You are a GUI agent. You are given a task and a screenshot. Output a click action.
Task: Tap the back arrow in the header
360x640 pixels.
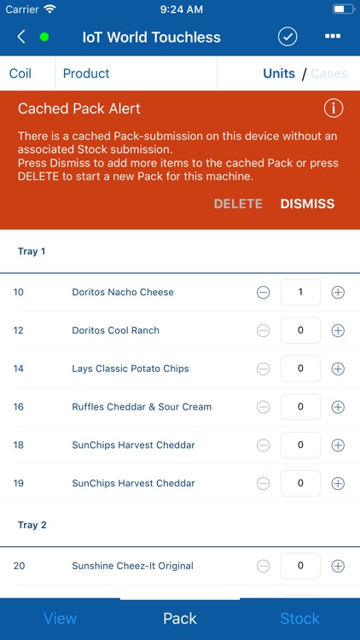coord(21,38)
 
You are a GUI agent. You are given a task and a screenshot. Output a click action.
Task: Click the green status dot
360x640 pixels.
coord(44,38)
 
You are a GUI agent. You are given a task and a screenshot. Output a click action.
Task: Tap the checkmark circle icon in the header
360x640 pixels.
coord(287,37)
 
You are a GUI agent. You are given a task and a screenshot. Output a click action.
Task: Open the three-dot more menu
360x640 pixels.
coord(333,37)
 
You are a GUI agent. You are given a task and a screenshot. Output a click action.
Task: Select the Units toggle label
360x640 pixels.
coord(279,73)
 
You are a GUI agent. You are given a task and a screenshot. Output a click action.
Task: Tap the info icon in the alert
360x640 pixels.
coord(334,108)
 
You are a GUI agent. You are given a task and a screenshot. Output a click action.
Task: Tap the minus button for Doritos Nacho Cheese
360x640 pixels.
coord(264,292)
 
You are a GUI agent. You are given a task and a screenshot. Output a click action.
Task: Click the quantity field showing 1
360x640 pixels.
coord(300,292)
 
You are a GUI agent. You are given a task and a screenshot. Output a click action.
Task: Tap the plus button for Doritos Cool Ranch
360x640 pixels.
coord(338,330)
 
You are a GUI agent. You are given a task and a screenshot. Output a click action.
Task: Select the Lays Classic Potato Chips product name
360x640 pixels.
coord(131,369)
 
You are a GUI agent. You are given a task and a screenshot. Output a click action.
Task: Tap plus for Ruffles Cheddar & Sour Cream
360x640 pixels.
coord(338,407)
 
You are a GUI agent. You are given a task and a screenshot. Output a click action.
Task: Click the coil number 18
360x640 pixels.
coord(19,445)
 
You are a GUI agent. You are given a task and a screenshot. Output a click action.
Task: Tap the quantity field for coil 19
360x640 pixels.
coord(300,483)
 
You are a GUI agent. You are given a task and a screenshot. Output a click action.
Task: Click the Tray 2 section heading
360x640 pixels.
coord(32,525)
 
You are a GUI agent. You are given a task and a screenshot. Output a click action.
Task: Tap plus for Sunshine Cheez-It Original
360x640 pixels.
coord(338,566)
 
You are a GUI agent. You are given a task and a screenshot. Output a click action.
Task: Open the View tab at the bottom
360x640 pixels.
coord(60,619)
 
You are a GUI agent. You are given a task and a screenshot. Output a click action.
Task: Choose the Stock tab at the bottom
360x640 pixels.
coord(299,619)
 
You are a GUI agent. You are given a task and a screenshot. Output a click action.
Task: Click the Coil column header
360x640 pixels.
coord(20,73)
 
